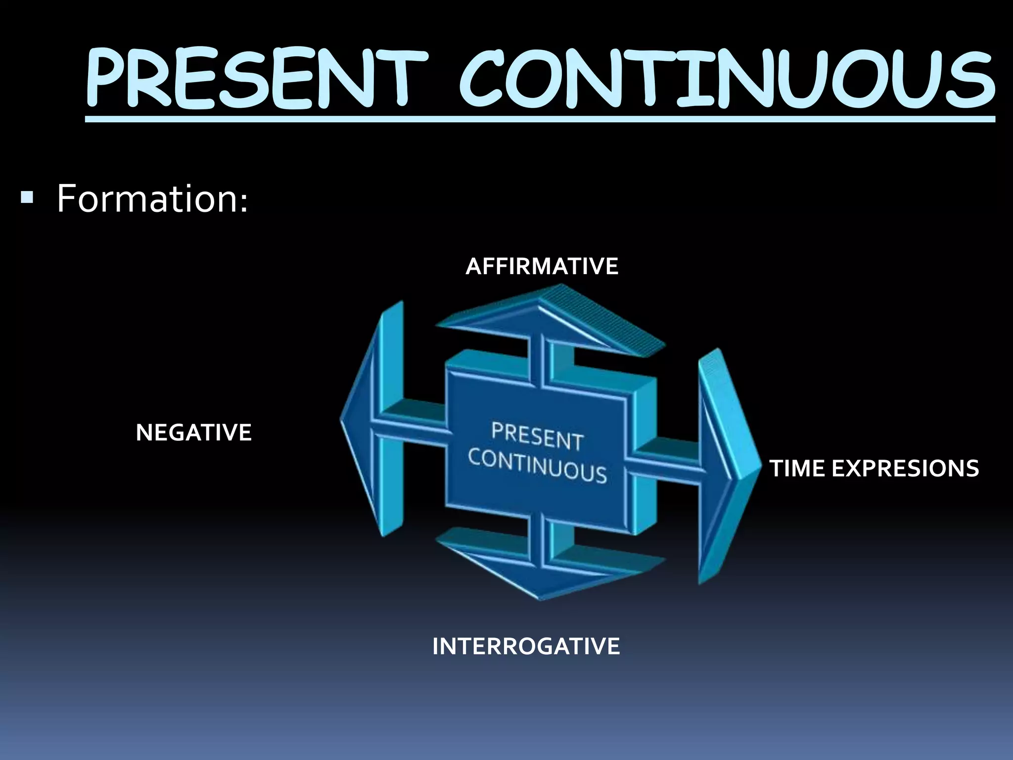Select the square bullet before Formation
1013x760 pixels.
(x=27, y=198)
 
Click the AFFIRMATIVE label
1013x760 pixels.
(x=542, y=267)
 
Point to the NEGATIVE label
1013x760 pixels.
(x=194, y=433)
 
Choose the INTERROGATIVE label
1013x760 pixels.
(x=526, y=647)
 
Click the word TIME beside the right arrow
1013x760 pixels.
(x=797, y=469)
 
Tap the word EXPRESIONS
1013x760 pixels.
(x=905, y=469)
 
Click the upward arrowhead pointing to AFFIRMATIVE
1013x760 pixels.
(x=549, y=317)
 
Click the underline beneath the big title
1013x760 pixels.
(x=539, y=119)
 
